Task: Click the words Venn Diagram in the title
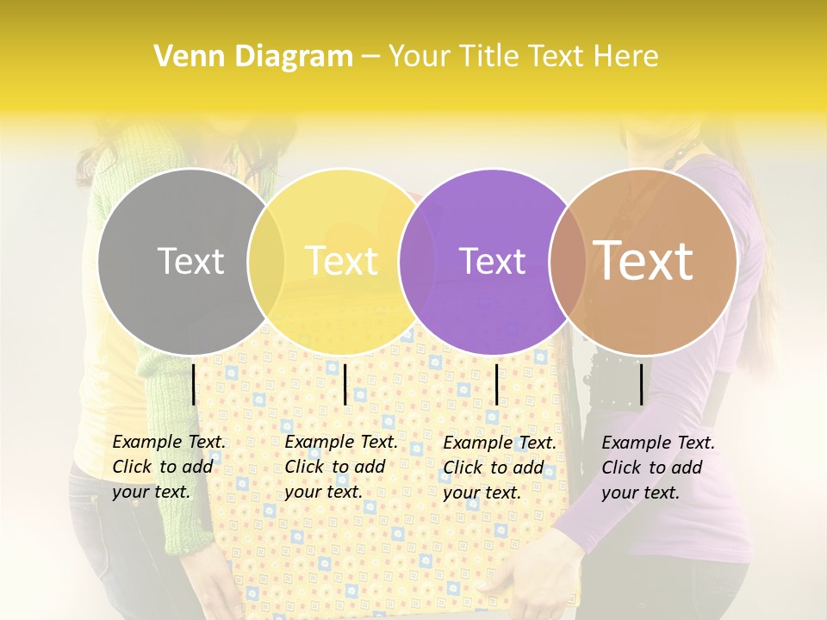253,57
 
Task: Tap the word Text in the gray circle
190,261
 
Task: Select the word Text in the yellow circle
341,261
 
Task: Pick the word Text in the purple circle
492,261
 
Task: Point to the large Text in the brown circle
643,260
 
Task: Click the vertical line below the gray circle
194,384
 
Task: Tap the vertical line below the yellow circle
345,384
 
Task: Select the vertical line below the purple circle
496,384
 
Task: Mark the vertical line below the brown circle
642,384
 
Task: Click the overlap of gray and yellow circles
266,261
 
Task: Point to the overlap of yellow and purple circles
417,261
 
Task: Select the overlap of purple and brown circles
568,261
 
